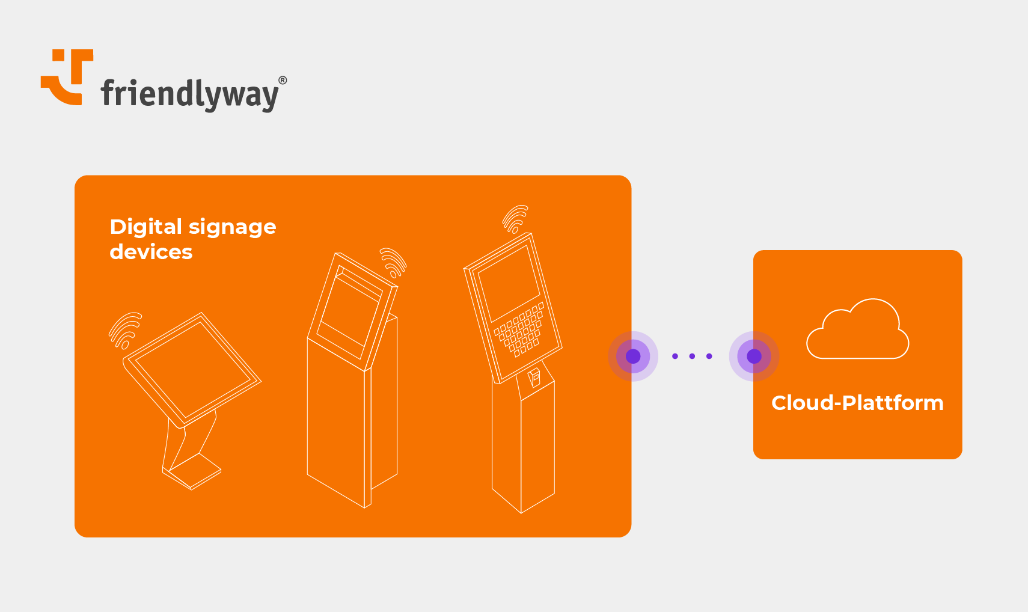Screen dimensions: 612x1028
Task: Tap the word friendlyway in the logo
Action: click(x=189, y=94)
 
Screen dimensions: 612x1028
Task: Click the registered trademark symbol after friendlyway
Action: click(x=283, y=81)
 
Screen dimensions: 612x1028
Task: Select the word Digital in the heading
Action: click(x=145, y=227)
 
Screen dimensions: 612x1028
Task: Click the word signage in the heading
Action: click(x=232, y=228)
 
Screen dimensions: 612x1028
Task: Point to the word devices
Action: click(x=151, y=252)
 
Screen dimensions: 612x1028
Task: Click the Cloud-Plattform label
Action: click(x=857, y=403)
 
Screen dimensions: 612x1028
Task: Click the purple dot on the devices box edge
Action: click(x=633, y=356)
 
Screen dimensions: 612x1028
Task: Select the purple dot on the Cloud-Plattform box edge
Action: click(x=754, y=356)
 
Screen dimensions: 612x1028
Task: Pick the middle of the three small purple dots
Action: click(x=692, y=356)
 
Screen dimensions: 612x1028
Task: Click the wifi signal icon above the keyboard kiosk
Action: click(x=515, y=219)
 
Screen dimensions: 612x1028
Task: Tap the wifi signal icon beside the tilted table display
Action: click(x=125, y=330)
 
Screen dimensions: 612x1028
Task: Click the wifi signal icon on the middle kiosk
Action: click(x=393, y=262)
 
